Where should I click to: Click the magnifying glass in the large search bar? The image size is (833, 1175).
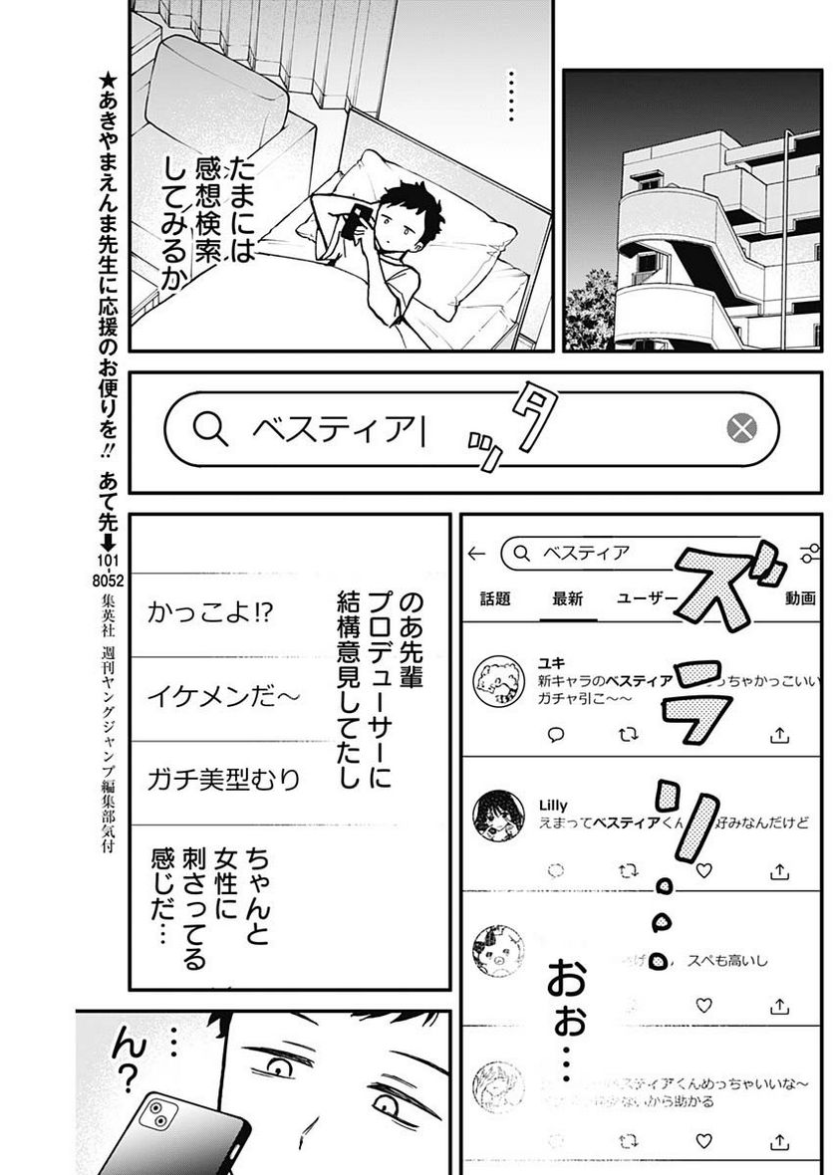pos(208,429)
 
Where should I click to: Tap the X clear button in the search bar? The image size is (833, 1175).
pos(742,429)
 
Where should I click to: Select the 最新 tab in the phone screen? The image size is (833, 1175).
pos(567,598)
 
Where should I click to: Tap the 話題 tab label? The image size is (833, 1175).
pos(495,598)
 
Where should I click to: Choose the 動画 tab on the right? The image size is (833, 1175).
pos(799,598)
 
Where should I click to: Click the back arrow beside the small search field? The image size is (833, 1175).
pos(476,554)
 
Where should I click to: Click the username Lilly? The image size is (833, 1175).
pos(552,802)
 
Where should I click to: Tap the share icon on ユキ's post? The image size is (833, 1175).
pos(779,735)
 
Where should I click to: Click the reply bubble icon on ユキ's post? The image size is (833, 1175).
pos(556,735)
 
